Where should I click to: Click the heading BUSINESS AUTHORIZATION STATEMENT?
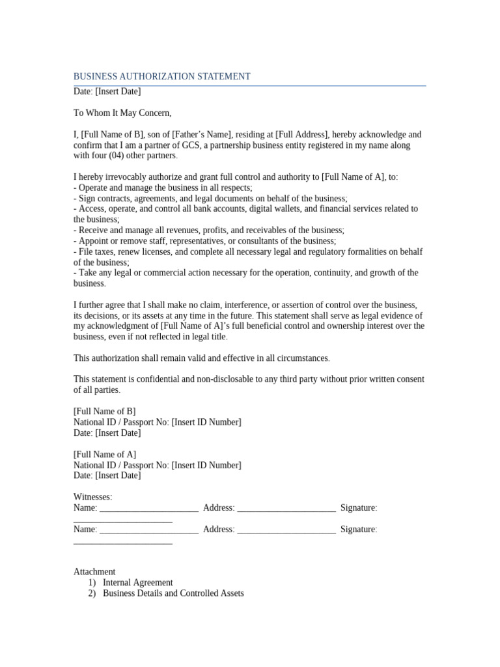click(161, 76)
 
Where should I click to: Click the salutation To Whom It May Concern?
click(122, 113)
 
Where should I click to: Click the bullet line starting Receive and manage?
click(209, 230)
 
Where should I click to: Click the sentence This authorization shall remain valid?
click(202, 358)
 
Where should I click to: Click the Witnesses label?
click(92, 497)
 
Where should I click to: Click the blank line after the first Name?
click(149, 508)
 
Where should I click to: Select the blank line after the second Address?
click(286, 530)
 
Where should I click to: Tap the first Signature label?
click(359, 508)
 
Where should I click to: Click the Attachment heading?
click(94, 572)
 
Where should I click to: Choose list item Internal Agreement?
click(138, 583)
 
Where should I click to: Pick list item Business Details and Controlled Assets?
click(173, 593)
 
